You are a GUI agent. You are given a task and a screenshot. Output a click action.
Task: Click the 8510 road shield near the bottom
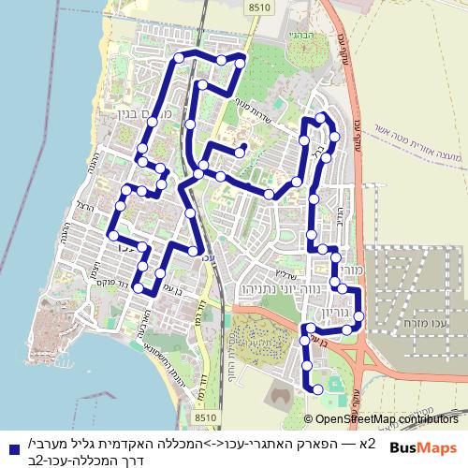coord(208,417)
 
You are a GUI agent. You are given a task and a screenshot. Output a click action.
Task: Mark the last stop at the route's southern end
coord(318,388)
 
